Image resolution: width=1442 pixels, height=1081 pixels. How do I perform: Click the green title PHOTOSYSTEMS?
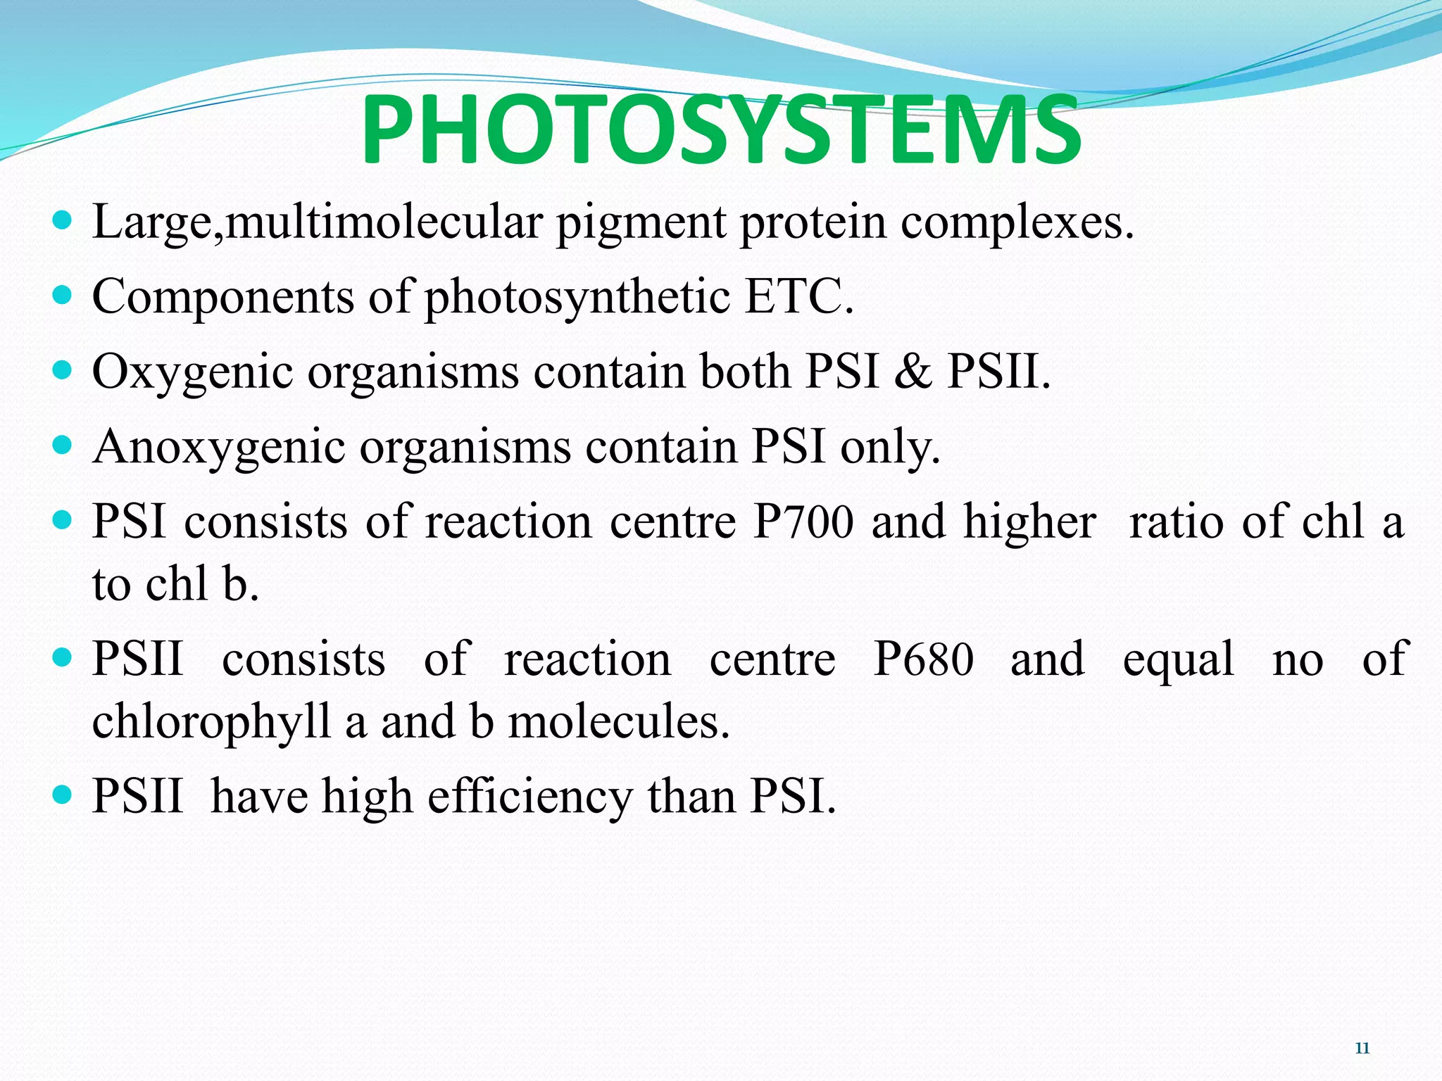pos(721,131)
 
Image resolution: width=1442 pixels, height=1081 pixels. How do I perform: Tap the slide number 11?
pos(1362,1049)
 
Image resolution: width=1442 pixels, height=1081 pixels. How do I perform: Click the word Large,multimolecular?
pos(317,222)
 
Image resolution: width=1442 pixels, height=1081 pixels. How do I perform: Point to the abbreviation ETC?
pos(798,296)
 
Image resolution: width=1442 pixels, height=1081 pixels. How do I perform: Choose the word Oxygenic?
pos(192,372)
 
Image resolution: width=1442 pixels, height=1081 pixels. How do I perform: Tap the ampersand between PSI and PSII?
pos(913,371)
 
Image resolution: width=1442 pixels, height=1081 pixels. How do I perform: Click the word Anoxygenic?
pos(218,448)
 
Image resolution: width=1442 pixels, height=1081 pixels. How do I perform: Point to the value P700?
pos(803,522)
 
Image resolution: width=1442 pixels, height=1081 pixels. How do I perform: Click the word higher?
pos(1029,522)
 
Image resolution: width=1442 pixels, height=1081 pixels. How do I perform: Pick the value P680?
pos(924,659)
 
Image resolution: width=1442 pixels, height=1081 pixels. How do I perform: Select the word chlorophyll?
pos(211,723)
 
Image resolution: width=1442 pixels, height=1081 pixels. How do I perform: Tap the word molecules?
pos(619,723)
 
